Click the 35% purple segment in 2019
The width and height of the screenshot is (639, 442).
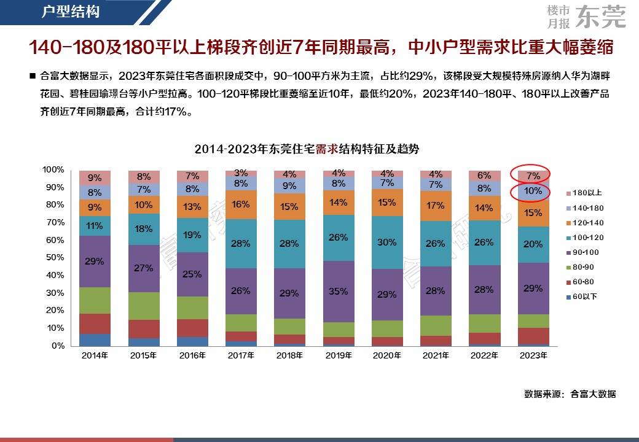pyautogui.click(x=338, y=291)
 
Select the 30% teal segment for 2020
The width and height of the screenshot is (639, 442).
pyautogui.click(x=387, y=242)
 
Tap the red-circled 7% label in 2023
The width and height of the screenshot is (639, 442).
pyautogui.click(x=533, y=176)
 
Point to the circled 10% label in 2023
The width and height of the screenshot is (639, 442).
pyautogui.click(x=533, y=191)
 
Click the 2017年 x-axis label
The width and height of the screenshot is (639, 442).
pyautogui.click(x=241, y=355)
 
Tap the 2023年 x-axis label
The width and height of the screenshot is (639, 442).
pyautogui.click(x=534, y=355)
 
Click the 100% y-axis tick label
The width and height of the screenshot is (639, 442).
pyautogui.click(x=53, y=169)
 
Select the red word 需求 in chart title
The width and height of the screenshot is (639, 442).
pyautogui.click(x=326, y=149)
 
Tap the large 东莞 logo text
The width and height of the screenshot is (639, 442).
pyautogui.click(x=602, y=17)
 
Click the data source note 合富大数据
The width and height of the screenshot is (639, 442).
pyautogui.click(x=593, y=394)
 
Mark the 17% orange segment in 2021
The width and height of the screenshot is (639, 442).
pyautogui.click(x=436, y=206)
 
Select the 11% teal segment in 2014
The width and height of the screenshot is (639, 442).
pyautogui.click(x=95, y=225)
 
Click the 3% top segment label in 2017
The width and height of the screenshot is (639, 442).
pyautogui.click(x=241, y=173)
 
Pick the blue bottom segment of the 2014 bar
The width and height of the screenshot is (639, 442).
pyautogui.click(x=95, y=340)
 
